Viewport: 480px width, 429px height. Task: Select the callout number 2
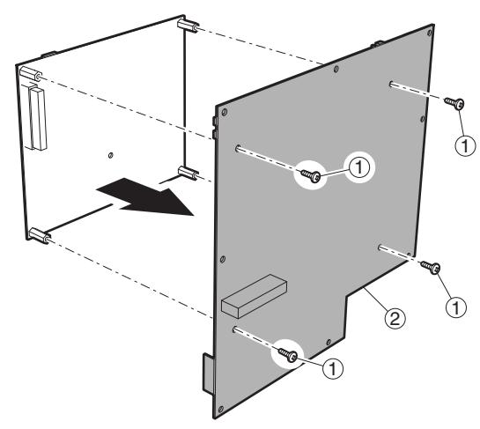point(395,319)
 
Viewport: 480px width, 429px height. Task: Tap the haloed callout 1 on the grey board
point(359,167)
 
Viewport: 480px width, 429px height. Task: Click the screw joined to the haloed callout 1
point(311,175)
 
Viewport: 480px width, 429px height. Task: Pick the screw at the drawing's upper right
point(454,103)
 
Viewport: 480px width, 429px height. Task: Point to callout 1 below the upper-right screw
point(465,145)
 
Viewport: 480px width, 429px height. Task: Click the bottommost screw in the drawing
point(288,355)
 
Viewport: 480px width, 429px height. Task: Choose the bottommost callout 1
point(333,368)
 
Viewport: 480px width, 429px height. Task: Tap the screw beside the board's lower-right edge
point(431,267)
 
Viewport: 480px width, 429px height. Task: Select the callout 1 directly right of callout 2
point(456,307)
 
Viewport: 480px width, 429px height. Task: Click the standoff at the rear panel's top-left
point(31,74)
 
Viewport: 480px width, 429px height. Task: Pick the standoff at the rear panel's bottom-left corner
point(40,235)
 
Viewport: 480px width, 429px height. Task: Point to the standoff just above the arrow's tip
point(188,173)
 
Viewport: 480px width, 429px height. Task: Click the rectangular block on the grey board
point(254,296)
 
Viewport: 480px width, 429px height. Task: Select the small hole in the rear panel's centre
point(110,155)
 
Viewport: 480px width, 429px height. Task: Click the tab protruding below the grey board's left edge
point(209,374)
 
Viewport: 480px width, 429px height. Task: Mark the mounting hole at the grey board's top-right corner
point(429,33)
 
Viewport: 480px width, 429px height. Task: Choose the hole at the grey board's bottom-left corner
point(220,409)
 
